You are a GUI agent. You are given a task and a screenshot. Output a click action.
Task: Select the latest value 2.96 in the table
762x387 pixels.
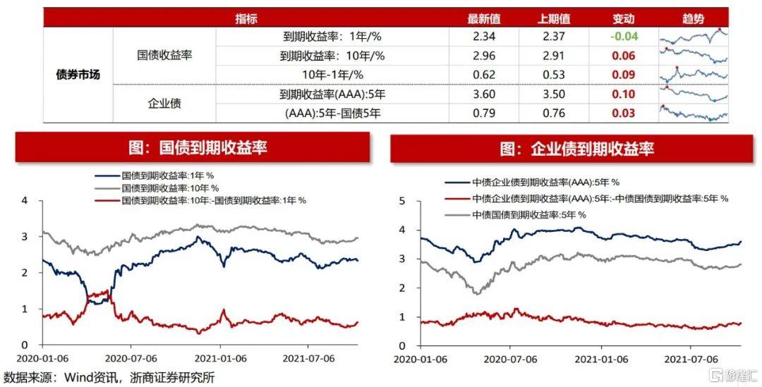[484, 56]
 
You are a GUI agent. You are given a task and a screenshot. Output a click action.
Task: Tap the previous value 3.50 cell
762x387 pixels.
[554, 94]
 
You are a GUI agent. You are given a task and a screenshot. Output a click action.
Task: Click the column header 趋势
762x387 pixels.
[693, 19]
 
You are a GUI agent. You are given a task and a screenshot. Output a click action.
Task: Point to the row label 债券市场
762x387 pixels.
[78, 75]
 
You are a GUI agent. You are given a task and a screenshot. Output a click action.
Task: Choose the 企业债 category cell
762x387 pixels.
[164, 104]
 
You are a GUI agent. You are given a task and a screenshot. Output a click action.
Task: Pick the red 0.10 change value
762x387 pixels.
[624, 94]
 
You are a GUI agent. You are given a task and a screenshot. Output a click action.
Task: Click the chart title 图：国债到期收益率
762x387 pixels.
[193, 147]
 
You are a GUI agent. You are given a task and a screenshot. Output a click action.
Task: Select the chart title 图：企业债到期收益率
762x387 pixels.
[567, 148]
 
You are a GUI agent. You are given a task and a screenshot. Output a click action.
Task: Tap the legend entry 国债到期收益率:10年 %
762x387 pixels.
[170, 188]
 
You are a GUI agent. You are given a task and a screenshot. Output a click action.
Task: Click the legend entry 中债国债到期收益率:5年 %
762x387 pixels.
[528, 214]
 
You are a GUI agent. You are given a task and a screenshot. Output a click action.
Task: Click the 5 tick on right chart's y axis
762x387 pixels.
[402, 201]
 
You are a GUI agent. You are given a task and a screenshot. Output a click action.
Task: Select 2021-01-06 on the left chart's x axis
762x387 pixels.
[220, 359]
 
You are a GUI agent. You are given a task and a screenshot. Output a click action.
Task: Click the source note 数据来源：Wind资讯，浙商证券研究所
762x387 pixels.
[109, 377]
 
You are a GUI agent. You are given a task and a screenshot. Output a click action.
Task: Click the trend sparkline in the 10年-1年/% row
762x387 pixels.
[693, 74]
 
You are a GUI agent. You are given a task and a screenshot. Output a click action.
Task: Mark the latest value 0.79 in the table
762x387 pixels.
[484, 113]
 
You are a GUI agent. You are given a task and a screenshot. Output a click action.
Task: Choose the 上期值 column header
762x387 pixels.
[554, 19]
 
